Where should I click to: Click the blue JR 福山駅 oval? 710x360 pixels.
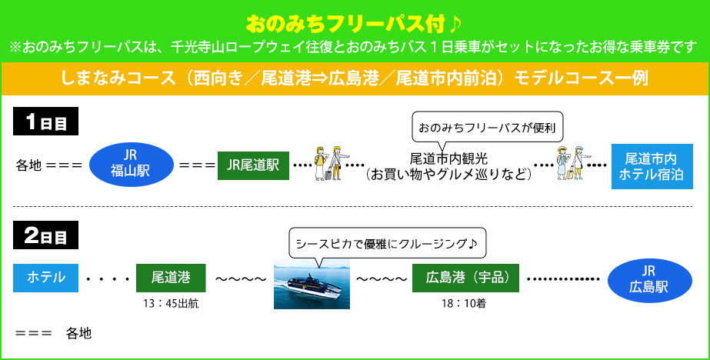coord(129,164)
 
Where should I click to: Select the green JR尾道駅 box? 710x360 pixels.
coord(253,165)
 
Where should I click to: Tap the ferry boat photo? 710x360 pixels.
coord(312,283)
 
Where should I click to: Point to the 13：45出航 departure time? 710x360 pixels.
coord(171,304)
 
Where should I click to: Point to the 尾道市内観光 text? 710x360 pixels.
coord(448,158)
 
